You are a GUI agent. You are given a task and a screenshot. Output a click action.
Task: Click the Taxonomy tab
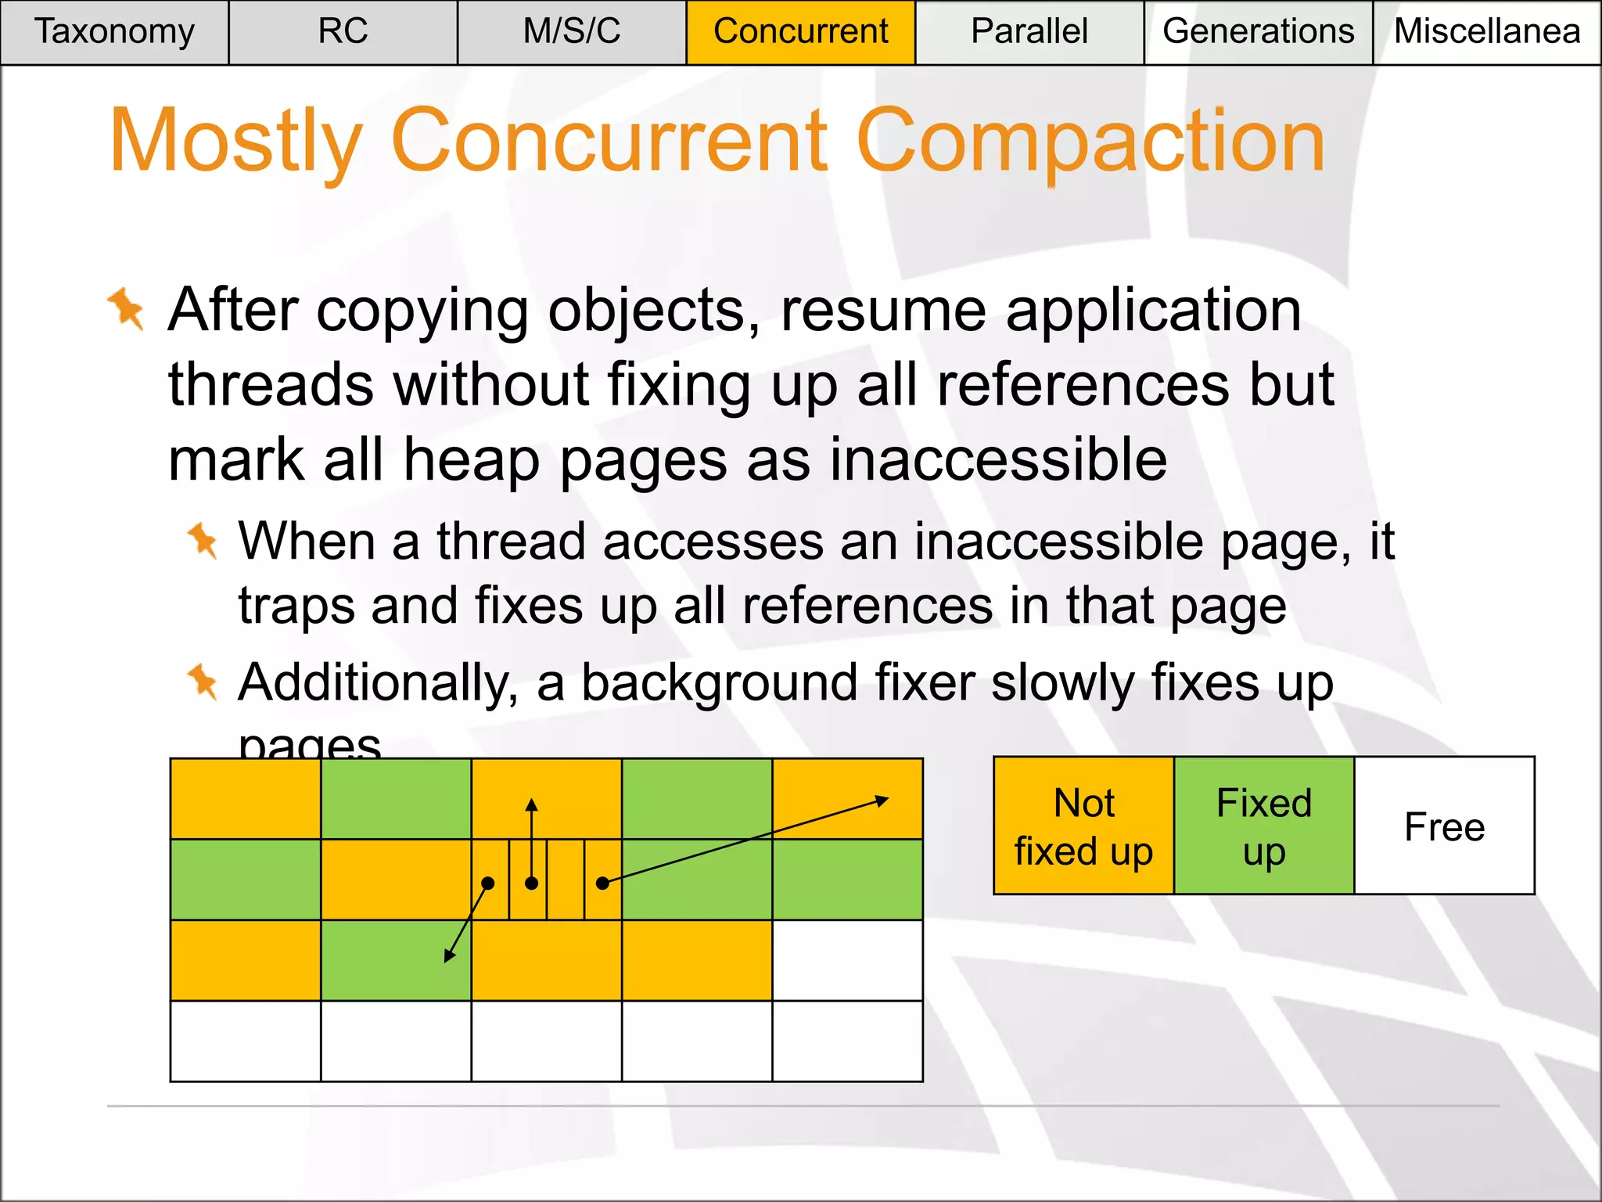[114, 32]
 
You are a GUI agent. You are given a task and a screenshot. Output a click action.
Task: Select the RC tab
[343, 32]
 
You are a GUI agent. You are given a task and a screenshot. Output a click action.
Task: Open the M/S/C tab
[572, 32]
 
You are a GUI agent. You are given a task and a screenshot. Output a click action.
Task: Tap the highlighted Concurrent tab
[800, 32]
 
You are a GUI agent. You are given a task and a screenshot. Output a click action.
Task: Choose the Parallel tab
[1029, 32]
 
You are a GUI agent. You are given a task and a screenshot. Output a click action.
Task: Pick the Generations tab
[1258, 32]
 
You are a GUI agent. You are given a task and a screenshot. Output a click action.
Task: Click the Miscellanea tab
[1487, 32]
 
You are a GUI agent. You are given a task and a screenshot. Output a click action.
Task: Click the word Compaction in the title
[1090, 141]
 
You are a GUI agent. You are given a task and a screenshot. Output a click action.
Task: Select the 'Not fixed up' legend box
[1083, 826]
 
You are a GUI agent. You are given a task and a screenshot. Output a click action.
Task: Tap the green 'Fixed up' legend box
[1264, 826]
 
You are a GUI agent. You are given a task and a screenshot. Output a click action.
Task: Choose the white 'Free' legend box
[1444, 826]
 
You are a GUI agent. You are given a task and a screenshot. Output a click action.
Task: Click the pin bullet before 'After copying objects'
[127, 309]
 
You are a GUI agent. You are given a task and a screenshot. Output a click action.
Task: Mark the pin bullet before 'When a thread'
[203, 541]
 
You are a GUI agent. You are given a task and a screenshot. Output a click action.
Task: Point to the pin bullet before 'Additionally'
[203, 682]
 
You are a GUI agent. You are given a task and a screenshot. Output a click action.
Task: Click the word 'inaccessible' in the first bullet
[998, 460]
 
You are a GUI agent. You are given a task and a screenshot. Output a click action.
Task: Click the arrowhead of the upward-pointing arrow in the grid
[532, 804]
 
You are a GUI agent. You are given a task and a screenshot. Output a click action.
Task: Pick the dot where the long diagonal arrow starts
[602, 884]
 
